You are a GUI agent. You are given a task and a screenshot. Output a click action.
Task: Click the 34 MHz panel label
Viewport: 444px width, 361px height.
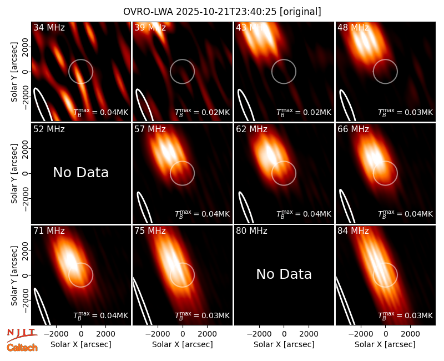[x=49, y=27]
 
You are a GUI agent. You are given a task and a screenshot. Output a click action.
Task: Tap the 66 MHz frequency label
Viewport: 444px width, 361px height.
[x=353, y=129]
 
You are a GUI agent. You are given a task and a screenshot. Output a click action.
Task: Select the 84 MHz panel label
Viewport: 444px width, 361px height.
[x=353, y=231]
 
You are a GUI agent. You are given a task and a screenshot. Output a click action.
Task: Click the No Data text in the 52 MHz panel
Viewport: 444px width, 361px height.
[x=81, y=173]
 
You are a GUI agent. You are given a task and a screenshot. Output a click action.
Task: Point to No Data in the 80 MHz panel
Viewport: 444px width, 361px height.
[x=284, y=274]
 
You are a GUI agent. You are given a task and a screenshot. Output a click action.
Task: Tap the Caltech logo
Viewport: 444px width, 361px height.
[x=22, y=348]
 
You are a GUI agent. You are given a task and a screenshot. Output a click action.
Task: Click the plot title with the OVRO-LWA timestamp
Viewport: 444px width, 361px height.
[x=222, y=12]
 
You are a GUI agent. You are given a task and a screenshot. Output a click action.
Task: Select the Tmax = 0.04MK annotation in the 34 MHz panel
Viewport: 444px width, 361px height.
[x=101, y=112]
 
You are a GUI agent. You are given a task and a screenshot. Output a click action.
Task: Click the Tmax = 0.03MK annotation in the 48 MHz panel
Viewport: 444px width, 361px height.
[x=406, y=112]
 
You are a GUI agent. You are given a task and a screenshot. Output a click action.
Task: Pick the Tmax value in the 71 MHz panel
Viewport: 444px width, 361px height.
[x=101, y=315]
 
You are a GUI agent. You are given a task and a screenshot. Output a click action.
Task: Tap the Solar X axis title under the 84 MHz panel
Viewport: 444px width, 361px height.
[x=385, y=344]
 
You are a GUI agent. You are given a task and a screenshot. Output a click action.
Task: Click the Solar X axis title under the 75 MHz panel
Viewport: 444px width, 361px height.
[x=183, y=344]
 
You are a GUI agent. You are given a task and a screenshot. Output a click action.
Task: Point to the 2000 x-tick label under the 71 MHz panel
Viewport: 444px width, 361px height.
[x=105, y=334]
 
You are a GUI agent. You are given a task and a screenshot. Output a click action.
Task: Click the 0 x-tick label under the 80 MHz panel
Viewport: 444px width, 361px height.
[x=284, y=334]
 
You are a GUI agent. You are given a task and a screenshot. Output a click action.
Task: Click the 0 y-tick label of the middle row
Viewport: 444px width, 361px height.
[x=26, y=173]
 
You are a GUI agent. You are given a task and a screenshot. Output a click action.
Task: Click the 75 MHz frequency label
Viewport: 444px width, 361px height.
[x=150, y=231]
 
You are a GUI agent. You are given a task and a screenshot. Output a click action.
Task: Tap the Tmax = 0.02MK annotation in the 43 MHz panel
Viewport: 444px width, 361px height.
[x=304, y=112]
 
